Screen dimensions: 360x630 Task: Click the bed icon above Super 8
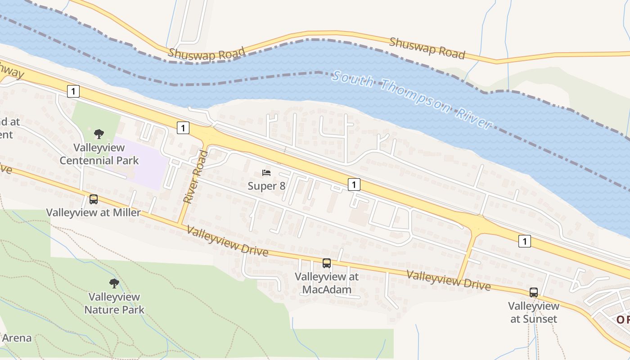266,173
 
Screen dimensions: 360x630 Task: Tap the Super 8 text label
266,185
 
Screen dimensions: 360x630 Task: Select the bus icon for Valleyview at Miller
94,199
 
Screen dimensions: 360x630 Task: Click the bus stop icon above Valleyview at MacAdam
327,263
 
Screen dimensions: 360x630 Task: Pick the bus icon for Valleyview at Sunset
534,292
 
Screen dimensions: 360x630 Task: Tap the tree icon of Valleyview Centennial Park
99,134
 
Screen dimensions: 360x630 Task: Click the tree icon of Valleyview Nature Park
114,283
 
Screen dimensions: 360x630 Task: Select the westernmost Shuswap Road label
207,53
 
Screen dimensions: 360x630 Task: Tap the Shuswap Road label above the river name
427,48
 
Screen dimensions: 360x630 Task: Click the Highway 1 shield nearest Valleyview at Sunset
524,241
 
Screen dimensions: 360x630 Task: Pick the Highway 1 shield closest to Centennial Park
73,91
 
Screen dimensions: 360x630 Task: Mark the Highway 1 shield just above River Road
182,128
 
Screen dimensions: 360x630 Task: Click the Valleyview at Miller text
94,212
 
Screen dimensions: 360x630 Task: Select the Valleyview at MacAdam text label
327,283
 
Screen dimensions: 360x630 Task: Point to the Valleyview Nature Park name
114,303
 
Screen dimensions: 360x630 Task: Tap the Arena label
17,338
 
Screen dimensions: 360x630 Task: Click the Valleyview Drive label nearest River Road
227,241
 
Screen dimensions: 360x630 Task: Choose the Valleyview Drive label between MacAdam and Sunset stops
449,280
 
